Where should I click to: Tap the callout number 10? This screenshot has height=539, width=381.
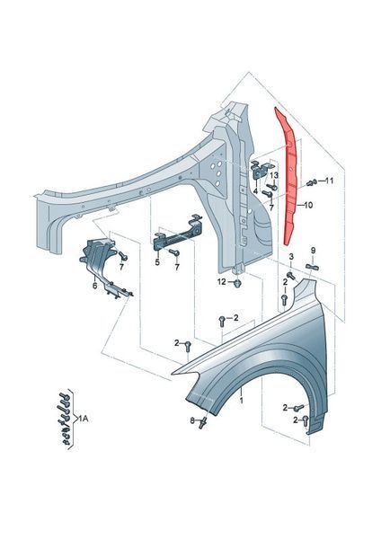(308, 205)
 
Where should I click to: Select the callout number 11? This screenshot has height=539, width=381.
(329, 181)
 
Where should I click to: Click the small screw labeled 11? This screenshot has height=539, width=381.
(311, 182)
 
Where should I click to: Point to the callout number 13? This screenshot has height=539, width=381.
(274, 175)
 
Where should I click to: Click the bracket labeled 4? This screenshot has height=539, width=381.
(261, 171)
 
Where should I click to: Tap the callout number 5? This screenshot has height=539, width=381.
(157, 262)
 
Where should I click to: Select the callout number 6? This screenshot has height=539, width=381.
(95, 286)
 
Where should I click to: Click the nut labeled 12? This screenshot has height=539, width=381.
(237, 283)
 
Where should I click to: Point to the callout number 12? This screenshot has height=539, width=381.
(221, 282)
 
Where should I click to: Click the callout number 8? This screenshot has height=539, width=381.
(192, 420)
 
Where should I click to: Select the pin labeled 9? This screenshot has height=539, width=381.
(312, 266)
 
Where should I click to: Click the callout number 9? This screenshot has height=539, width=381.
(313, 251)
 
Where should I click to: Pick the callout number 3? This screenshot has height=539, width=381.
(291, 256)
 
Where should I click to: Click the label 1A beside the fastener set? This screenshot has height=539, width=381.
(84, 419)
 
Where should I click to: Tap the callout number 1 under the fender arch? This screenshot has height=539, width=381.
(242, 401)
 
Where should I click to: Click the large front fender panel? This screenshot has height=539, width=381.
(261, 358)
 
